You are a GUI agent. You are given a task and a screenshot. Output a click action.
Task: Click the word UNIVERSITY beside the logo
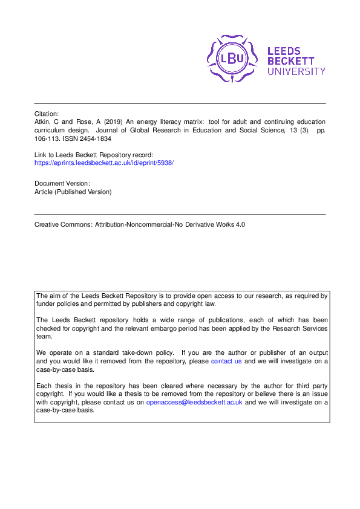(x=296, y=71)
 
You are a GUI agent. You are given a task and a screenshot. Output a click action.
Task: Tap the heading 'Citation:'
(x=47, y=114)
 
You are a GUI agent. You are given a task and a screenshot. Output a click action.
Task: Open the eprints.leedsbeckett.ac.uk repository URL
(x=104, y=163)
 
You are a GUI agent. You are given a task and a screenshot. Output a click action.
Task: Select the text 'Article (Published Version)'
(x=73, y=192)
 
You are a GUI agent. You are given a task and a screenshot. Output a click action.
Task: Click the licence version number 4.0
(x=241, y=224)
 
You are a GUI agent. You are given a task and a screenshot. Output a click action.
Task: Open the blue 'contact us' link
(x=226, y=361)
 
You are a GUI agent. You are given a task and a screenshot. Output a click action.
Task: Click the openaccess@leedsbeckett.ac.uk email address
(x=194, y=402)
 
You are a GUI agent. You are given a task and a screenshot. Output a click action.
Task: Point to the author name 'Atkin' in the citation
(x=43, y=122)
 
